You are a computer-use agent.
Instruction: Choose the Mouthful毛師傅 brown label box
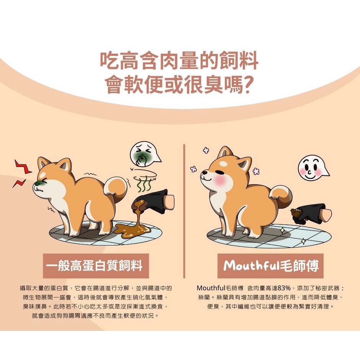click(270, 266)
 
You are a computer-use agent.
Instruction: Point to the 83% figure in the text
click(284, 288)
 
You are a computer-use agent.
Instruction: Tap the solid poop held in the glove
click(297, 213)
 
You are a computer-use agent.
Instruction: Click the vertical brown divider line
click(184, 211)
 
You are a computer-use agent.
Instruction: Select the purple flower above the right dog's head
click(206, 151)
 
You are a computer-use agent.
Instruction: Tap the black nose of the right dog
click(204, 172)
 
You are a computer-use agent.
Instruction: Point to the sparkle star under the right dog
click(282, 230)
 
